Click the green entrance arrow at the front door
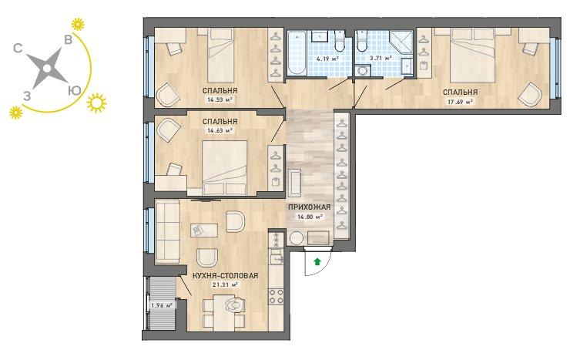(x=317, y=261)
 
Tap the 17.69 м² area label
(x=460, y=102)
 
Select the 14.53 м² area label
(x=220, y=99)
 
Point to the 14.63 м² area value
(x=220, y=130)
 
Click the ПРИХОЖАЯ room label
(x=310, y=207)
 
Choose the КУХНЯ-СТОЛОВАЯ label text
(x=226, y=276)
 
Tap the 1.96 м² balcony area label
(x=162, y=305)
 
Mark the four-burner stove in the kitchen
(x=276, y=296)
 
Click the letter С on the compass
(x=18, y=48)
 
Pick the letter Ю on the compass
(x=75, y=91)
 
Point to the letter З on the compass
(x=27, y=96)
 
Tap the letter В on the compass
(x=68, y=39)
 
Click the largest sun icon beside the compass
(x=96, y=103)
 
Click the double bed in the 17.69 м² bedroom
(x=473, y=56)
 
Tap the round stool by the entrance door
(x=297, y=238)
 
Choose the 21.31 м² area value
(x=225, y=284)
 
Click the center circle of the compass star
(x=46, y=69)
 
